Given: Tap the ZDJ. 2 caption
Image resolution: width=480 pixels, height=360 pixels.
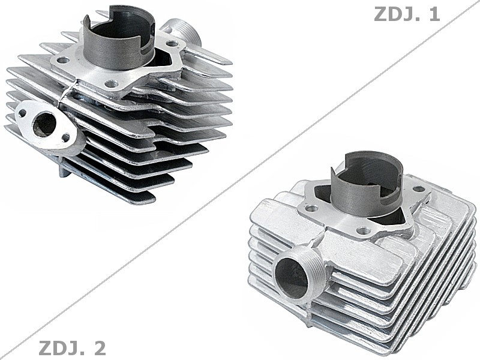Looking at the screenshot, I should click(72, 347).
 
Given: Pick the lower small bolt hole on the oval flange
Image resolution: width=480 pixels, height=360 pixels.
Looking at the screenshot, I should click(65, 139).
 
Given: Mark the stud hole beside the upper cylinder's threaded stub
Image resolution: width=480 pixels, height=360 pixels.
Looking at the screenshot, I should click(173, 44).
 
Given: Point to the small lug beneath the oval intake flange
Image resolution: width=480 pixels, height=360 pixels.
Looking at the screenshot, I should click(63, 170).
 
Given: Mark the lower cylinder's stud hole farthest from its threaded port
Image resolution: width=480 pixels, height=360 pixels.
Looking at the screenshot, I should click(418, 189).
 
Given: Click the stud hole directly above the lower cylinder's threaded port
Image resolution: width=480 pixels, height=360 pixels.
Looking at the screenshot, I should click(311, 208).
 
